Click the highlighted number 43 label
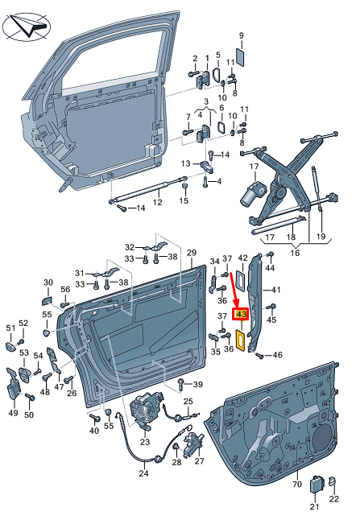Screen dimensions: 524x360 click(239, 315)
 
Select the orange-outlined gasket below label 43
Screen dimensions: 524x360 click(240, 340)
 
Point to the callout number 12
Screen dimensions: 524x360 click(158, 202)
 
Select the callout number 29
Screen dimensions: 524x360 click(192, 254)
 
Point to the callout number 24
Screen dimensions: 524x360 click(143, 473)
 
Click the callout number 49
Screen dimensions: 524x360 click(13, 413)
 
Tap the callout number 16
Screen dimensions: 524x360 click(296, 252)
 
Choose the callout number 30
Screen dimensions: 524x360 click(48, 283)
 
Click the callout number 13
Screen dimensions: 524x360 click(185, 164)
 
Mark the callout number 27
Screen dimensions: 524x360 click(200, 461)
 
